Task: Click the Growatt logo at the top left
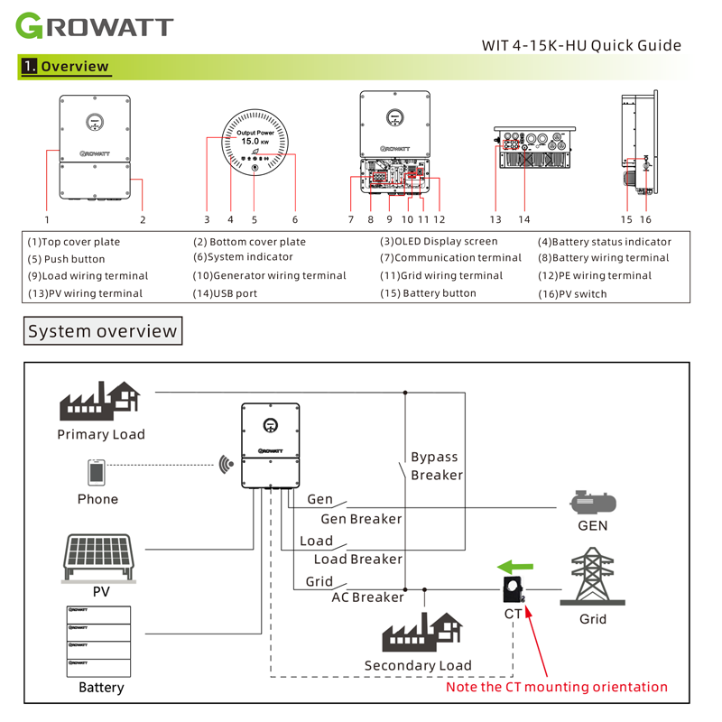coord(95,24)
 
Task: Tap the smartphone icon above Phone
coord(96,472)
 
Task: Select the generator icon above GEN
coord(592,502)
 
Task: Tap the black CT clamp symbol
coord(514,591)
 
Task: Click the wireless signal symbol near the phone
coord(226,465)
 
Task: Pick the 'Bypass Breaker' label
coord(436,466)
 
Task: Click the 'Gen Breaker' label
coord(361,519)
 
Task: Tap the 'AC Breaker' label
coord(367,597)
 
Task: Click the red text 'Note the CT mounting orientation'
coord(557,687)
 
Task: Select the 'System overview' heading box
coord(102,330)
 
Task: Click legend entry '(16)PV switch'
coord(572,293)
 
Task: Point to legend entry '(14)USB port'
coord(225,293)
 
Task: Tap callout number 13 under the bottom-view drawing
coord(495,219)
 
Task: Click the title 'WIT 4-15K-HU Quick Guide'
coord(581,45)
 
